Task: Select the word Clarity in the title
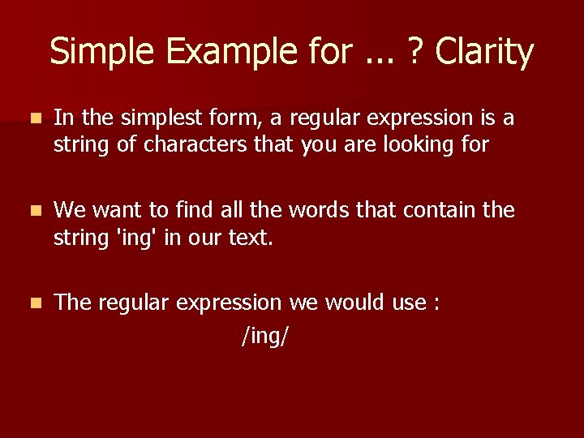click(484, 52)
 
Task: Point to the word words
click(290, 210)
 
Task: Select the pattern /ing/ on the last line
click(264, 333)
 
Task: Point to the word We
click(71, 210)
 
